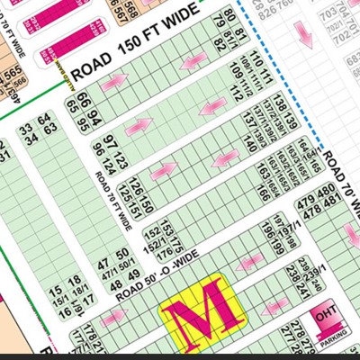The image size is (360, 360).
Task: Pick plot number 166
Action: [x=263, y=193]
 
